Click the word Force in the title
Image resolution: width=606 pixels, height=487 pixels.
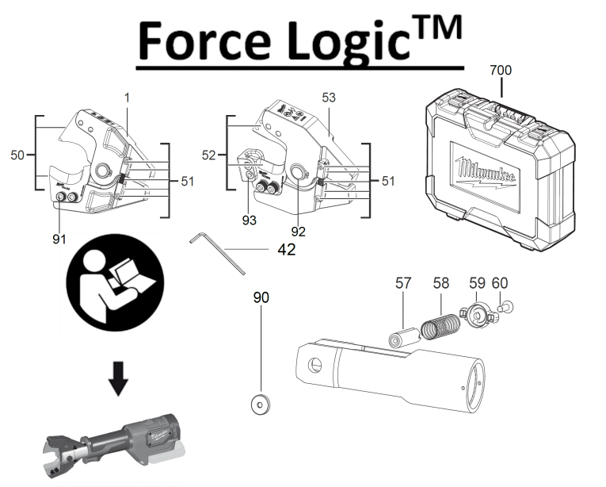(x=204, y=40)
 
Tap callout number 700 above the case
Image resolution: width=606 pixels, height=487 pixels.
(x=501, y=70)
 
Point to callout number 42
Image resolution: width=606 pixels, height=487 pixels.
(x=287, y=250)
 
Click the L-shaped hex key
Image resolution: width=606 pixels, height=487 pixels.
(x=217, y=254)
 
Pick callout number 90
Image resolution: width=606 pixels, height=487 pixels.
(x=261, y=297)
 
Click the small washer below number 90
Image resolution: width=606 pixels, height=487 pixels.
(x=260, y=405)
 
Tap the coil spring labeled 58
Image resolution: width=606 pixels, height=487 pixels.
(x=440, y=326)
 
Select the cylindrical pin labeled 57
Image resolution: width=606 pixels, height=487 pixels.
(x=404, y=337)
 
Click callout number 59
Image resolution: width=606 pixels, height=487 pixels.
(x=478, y=283)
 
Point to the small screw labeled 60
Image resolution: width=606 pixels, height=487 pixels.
(x=506, y=308)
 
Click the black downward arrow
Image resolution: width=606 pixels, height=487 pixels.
(x=118, y=378)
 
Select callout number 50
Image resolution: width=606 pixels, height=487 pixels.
(x=17, y=155)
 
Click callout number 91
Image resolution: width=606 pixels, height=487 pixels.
(x=59, y=240)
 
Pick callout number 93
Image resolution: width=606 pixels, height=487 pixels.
(x=250, y=220)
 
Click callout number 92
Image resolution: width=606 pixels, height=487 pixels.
(x=299, y=232)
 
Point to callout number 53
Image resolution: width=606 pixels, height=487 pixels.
(x=329, y=98)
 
